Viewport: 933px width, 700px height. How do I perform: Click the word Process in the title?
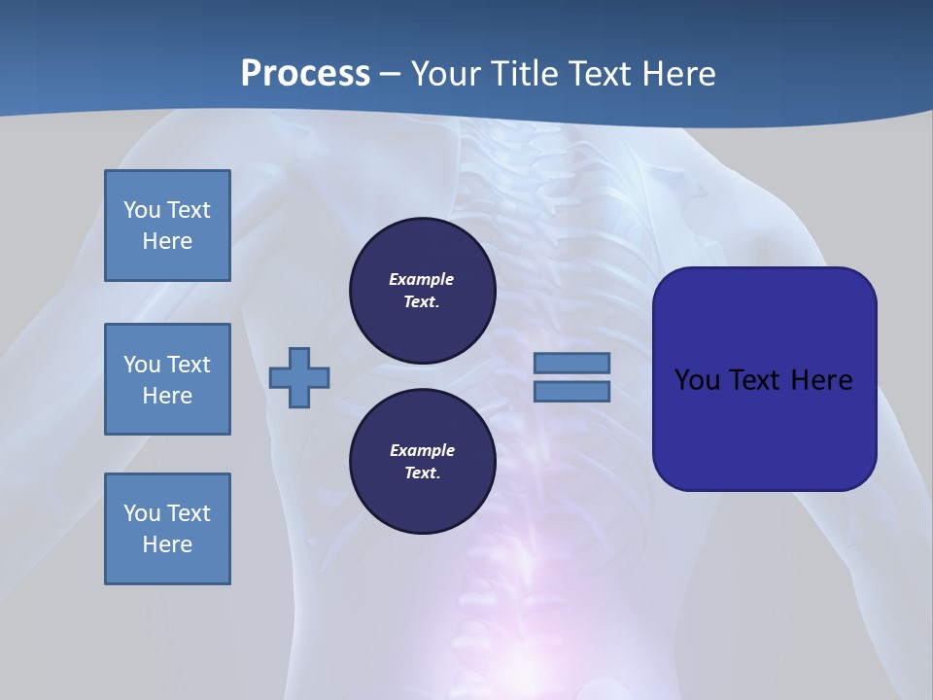pyautogui.click(x=305, y=74)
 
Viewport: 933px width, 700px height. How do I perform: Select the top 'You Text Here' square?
pyautogui.click(x=167, y=226)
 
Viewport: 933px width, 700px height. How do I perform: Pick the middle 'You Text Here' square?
pyautogui.click(x=167, y=379)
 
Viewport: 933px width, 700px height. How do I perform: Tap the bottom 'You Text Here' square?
pyautogui.click(x=167, y=529)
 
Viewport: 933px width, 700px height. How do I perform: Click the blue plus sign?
pyautogui.click(x=299, y=377)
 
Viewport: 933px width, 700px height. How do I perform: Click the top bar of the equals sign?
pyautogui.click(x=571, y=364)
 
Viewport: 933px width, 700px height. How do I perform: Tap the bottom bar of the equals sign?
pyautogui.click(x=571, y=392)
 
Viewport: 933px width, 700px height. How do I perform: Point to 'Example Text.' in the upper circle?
pyautogui.click(x=422, y=290)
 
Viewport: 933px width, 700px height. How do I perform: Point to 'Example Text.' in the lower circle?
pyautogui.click(x=422, y=462)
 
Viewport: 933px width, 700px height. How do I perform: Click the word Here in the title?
pyautogui.click(x=680, y=74)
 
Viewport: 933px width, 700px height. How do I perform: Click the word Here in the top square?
pyautogui.click(x=167, y=241)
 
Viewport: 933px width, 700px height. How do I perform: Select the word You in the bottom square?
pyautogui.click(x=142, y=513)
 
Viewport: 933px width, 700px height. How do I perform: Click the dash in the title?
pyautogui.click(x=391, y=74)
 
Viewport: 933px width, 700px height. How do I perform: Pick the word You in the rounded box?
pyautogui.click(x=696, y=380)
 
